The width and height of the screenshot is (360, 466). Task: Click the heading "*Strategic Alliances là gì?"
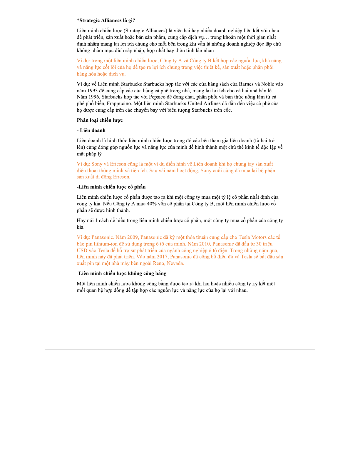(106, 21)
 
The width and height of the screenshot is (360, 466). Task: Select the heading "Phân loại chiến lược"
(100, 120)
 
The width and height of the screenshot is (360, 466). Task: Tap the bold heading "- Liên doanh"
(91, 131)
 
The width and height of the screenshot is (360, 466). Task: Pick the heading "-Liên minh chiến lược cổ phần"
(111, 187)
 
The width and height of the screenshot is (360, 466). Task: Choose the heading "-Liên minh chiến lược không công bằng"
(122, 273)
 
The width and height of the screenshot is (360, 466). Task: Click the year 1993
(93, 91)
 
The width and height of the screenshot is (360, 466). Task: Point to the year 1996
(93, 97)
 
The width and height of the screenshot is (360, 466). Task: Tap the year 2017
(162, 257)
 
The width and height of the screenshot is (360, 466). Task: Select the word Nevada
(175, 263)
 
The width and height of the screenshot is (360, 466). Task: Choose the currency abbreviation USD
(82, 250)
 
